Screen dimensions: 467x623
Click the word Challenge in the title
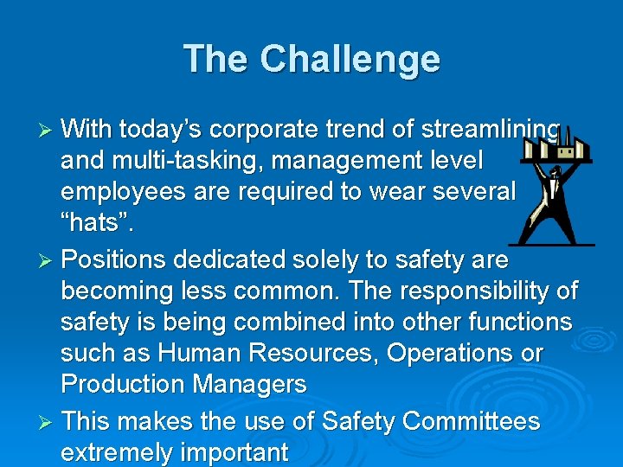point(350,60)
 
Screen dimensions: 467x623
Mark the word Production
point(122,384)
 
